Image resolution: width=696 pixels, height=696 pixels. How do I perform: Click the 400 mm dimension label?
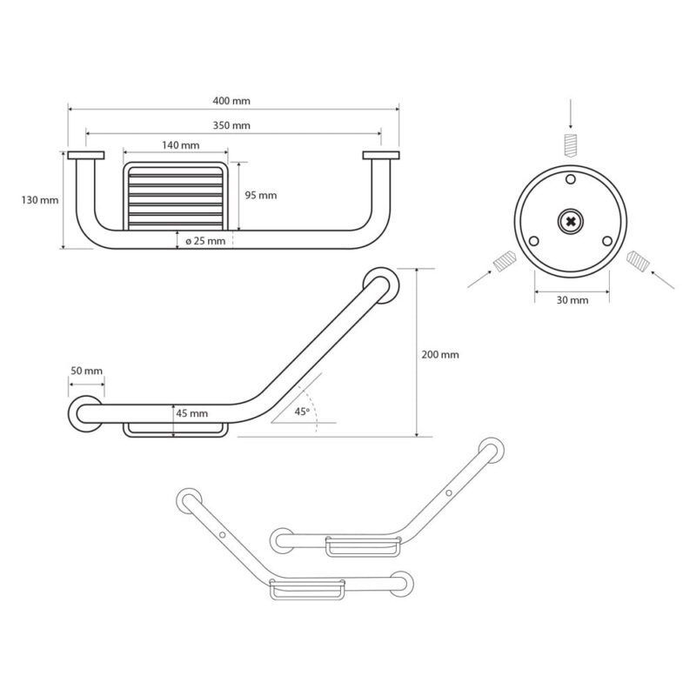pos(231,101)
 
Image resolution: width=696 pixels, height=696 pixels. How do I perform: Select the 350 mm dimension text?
pos(231,125)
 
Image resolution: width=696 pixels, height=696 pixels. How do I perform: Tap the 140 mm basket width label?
pos(181,145)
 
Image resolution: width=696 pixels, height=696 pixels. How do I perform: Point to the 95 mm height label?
pos(260,195)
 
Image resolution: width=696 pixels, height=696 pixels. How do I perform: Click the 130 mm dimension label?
pos(40,200)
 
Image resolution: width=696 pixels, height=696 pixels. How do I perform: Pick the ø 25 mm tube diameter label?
pos(205,241)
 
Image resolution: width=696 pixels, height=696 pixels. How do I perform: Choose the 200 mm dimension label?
pos(440,355)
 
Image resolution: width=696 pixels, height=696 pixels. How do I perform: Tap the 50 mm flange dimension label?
pos(86,371)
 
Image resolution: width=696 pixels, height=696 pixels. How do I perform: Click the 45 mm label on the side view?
pos(191,413)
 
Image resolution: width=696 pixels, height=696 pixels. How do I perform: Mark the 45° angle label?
pos(302,412)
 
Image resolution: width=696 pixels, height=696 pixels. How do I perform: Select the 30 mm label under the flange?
pos(572,300)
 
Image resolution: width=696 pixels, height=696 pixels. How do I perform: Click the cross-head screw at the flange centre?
pos(571,222)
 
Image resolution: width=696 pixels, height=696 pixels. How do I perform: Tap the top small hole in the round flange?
pos(571,179)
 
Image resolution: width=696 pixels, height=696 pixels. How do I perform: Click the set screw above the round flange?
pos(571,144)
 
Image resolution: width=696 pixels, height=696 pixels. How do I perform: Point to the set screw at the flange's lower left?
pos(505,262)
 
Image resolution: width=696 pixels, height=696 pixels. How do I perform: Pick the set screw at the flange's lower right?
pos(638,262)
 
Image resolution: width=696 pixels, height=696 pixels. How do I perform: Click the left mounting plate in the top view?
pos(86,156)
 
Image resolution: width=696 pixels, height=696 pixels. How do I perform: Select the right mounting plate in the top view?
pos(381,156)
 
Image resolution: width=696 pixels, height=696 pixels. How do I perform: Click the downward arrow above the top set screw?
pos(571,115)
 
